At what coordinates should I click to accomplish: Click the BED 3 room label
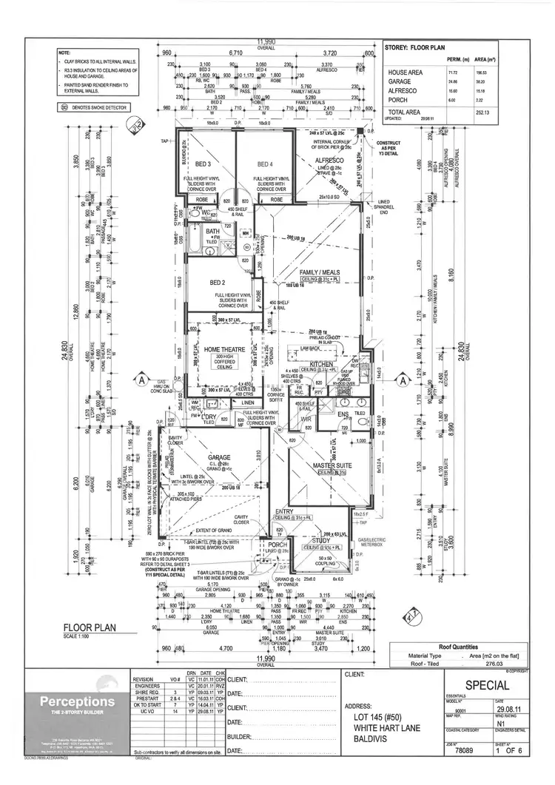(203, 164)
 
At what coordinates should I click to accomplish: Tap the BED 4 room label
(265, 164)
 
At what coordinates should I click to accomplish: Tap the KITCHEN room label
(323, 363)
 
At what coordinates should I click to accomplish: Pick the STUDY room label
(320, 540)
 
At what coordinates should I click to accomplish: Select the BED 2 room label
(217, 283)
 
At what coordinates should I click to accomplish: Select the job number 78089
(465, 751)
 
